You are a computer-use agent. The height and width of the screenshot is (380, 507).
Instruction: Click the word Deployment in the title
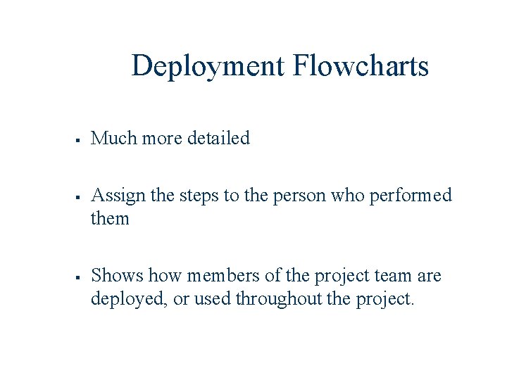(x=208, y=66)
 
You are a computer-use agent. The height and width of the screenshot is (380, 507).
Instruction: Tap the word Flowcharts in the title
(x=361, y=66)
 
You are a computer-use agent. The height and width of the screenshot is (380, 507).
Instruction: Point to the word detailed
(x=219, y=138)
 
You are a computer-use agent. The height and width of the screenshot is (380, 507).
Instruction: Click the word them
(x=111, y=218)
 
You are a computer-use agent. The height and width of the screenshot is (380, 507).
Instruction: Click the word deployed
(x=130, y=298)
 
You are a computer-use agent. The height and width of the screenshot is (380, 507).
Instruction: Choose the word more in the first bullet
(x=162, y=138)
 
